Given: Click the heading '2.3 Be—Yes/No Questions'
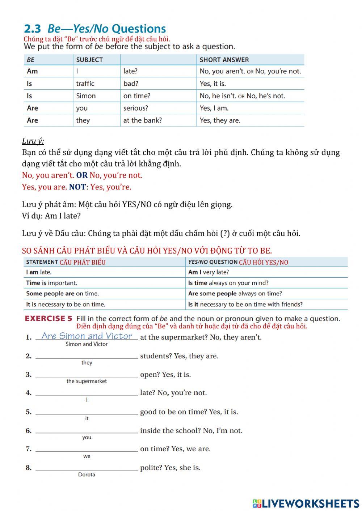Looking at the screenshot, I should (x=95, y=29).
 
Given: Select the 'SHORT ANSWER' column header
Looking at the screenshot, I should (x=224, y=60).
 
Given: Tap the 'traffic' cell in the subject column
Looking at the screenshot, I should (x=85, y=84).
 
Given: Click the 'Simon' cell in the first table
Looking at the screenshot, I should (x=86, y=96).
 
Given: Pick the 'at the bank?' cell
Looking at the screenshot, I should (x=142, y=120).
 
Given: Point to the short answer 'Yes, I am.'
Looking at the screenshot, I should (x=214, y=108).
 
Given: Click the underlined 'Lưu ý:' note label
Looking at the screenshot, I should (x=33, y=141).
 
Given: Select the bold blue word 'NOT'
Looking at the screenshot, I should (x=77, y=187).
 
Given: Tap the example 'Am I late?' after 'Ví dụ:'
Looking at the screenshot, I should (x=63, y=216).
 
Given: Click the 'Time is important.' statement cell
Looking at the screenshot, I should (x=51, y=283).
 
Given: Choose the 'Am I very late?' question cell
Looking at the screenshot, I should (x=209, y=272).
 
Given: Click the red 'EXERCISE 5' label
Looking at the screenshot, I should (x=49, y=319).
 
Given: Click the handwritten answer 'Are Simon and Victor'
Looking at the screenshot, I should (x=87, y=336).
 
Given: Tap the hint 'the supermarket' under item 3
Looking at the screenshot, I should (x=87, y=381).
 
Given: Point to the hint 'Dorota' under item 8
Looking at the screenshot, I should (x=87, y=474).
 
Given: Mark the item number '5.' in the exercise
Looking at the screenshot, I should (x=29, y=412).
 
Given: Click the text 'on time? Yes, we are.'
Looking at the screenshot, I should (x=175, y=449).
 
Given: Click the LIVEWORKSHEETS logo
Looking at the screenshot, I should (x=306, y=503).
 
